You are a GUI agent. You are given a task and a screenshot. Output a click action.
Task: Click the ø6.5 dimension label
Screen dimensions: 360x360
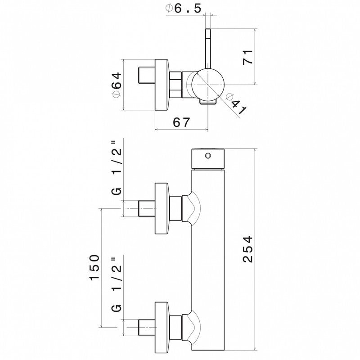(x=183, y=9)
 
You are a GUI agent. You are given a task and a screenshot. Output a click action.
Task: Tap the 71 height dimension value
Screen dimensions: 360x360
(x=248, y=57)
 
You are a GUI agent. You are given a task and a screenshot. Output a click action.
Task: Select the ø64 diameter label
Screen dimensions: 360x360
(x=117, y=85)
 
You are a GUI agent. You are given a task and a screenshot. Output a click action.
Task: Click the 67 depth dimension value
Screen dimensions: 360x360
(x=182, y=122)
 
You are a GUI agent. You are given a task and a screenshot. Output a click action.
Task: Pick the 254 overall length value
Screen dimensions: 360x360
(x=248, y=249)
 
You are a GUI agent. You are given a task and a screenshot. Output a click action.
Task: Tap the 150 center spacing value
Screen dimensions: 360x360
(x=94, y=267)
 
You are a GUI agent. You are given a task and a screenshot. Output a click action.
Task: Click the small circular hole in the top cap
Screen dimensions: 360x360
(x=208, y=156)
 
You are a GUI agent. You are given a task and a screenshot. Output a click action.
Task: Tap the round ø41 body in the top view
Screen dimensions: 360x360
(x=208, y=85)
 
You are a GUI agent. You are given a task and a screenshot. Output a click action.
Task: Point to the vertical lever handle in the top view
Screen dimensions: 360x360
(x=208, y=49)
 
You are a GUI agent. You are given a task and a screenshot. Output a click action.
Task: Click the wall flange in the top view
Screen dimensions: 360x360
(x=162, y=85)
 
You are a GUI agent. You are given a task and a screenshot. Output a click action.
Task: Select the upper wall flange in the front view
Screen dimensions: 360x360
(x=162, y=208)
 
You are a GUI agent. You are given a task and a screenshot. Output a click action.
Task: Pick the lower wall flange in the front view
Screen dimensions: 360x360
(x=162, y=328)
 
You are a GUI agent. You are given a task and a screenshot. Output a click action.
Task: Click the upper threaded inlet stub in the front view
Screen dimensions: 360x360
(x=147, y=208)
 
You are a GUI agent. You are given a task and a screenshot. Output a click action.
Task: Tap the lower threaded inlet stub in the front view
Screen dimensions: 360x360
(x=147, y=328)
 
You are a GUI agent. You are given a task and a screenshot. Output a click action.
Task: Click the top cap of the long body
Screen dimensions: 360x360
(x=208, y=159)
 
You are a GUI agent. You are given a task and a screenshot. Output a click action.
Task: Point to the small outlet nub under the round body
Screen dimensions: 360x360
(x=208, y=102)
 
